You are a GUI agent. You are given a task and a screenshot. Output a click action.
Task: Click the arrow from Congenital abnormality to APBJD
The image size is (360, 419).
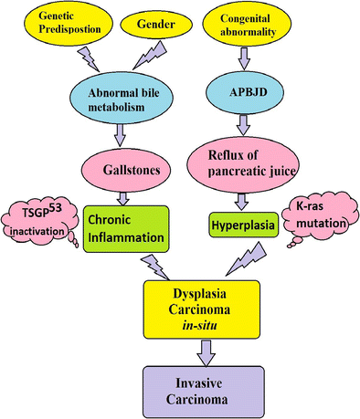click(245, 58)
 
